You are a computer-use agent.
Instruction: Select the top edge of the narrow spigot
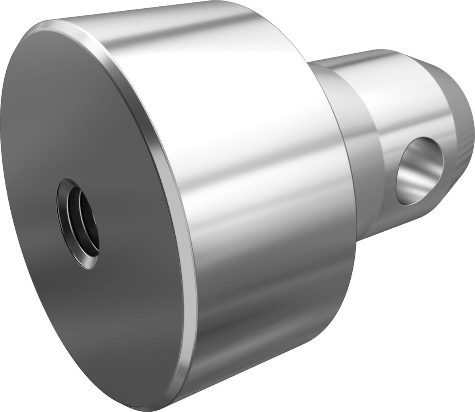[x=348, y=55]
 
